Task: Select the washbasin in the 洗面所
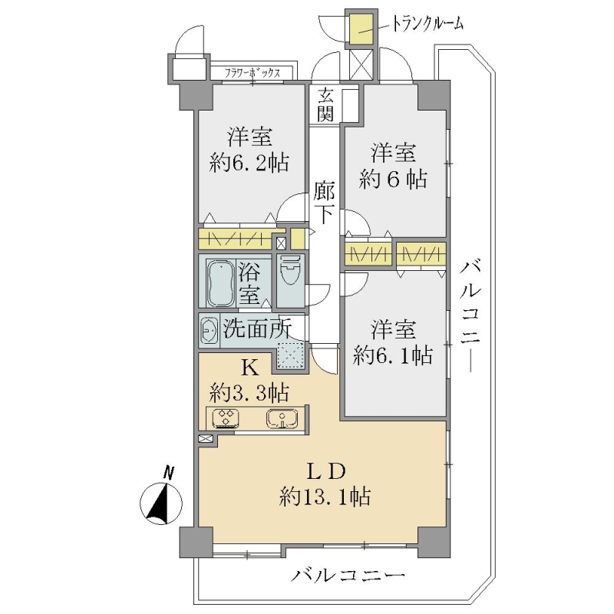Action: click(210, 332)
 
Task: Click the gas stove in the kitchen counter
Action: click(226, 418)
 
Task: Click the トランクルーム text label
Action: click(427, 24)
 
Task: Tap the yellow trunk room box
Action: click(361, 29)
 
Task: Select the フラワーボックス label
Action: click(253, 73)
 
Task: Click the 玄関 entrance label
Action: click(325, 104)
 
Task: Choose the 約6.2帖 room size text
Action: click(249, 163)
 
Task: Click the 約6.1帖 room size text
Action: click(393, 355)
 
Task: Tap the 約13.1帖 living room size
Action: click(325, 497)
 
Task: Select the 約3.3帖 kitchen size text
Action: click(250, 393)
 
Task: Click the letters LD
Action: click(325, 471)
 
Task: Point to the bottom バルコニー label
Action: click(348, 576)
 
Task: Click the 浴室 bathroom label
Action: click(249, 283)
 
